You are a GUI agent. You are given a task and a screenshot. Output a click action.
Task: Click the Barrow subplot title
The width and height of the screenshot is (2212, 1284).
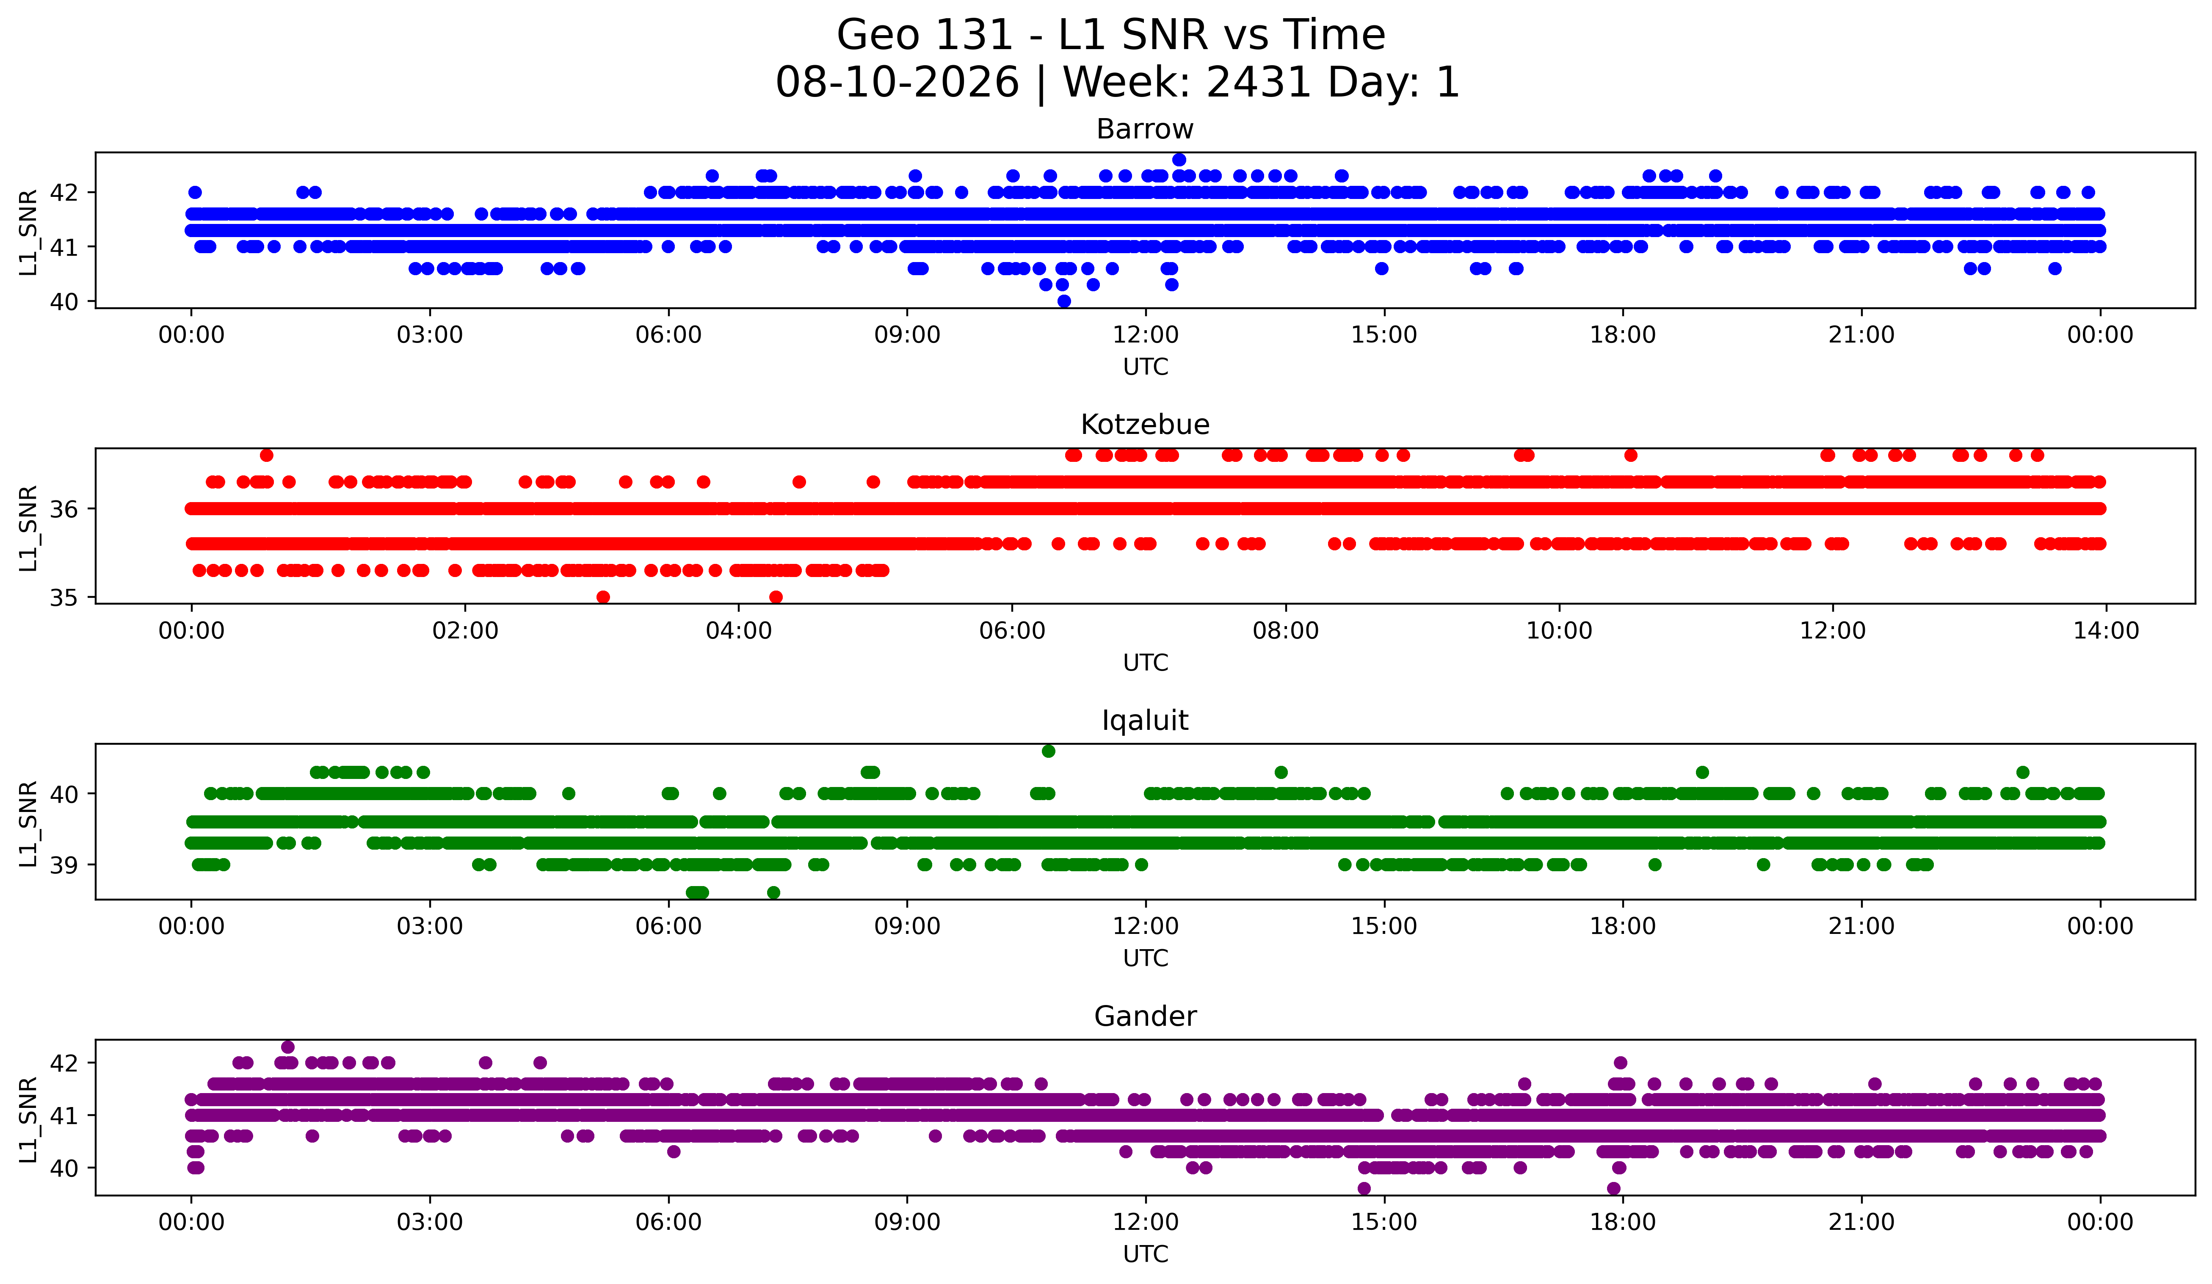click(1145, 129)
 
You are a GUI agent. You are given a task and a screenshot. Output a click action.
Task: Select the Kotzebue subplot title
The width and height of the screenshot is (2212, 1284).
click(1145, 425)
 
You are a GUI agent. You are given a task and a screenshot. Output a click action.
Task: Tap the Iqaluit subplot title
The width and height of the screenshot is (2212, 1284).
click(1145, 721)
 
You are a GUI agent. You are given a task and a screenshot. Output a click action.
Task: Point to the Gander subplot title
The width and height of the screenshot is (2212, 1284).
click(1145, 1016)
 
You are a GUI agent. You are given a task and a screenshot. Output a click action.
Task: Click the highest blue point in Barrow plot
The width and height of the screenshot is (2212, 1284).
click(1179, 160)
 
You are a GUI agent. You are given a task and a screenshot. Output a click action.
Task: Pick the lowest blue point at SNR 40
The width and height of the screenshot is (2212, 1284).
click(1064, 301)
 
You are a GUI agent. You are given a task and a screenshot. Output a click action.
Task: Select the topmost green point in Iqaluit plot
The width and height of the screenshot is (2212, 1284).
click(1048, 751)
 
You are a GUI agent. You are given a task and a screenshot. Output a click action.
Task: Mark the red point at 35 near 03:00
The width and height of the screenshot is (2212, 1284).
click(603, 597)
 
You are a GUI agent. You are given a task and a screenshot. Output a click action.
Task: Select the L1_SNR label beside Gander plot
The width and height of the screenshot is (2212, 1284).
click(28, 1120)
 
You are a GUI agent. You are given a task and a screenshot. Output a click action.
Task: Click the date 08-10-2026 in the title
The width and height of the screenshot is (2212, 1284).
click(897, 83)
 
